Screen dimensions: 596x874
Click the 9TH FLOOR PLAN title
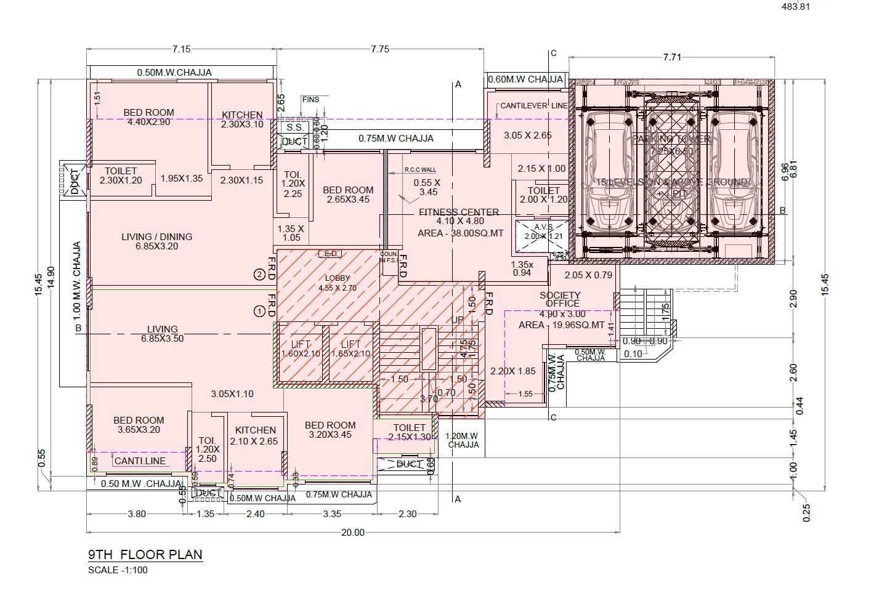145,554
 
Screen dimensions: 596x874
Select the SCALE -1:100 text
118,570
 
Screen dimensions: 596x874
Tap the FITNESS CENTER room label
459,217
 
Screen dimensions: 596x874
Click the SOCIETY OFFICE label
560,299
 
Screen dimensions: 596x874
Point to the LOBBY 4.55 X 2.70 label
338,283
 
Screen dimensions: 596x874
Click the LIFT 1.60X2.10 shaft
301,349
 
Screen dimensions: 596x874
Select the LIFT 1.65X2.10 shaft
350,349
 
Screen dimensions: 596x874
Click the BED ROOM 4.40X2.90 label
148,117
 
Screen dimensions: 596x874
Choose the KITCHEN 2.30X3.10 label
242,119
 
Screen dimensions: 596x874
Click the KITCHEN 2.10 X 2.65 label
256,435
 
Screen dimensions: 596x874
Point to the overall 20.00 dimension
352,533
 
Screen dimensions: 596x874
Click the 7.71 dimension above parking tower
672,57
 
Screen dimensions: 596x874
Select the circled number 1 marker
260,312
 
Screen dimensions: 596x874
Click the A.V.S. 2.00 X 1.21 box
539,233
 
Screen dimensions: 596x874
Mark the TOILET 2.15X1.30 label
409,432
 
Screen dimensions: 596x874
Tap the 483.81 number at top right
795,7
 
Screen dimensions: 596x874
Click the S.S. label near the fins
294,127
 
